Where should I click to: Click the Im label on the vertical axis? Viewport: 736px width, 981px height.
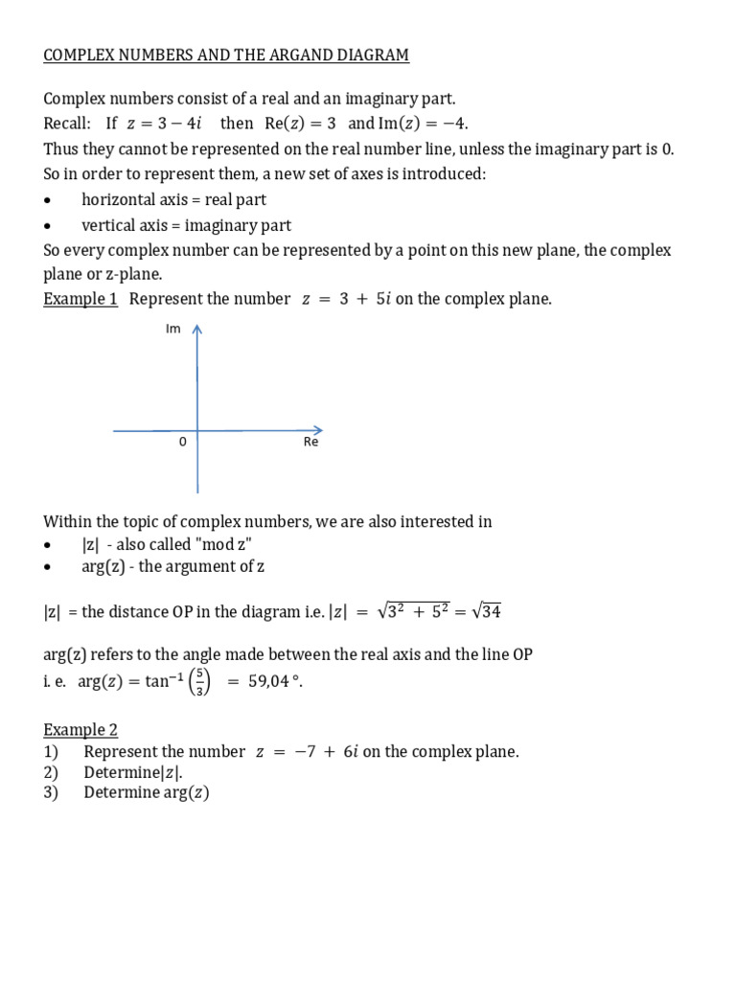click(x=173, y=330)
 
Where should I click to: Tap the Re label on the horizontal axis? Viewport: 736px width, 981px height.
click(x=310, y=443)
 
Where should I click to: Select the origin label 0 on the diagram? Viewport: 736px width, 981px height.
click(x=182, y=443)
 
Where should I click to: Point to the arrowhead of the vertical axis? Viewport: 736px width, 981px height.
click(x=197, y=331)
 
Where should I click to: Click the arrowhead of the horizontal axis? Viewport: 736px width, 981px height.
click(x=317, y=431)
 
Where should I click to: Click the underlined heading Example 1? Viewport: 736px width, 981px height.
click(x=80, y=299)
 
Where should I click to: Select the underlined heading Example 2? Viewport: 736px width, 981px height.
click(x=80, y=730)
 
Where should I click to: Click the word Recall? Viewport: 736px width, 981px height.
click(x=67, y=125)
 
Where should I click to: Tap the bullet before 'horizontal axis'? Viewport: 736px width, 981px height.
click(x=49, y=200)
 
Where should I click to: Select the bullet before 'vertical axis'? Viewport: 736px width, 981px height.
click(x=49, y=227)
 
